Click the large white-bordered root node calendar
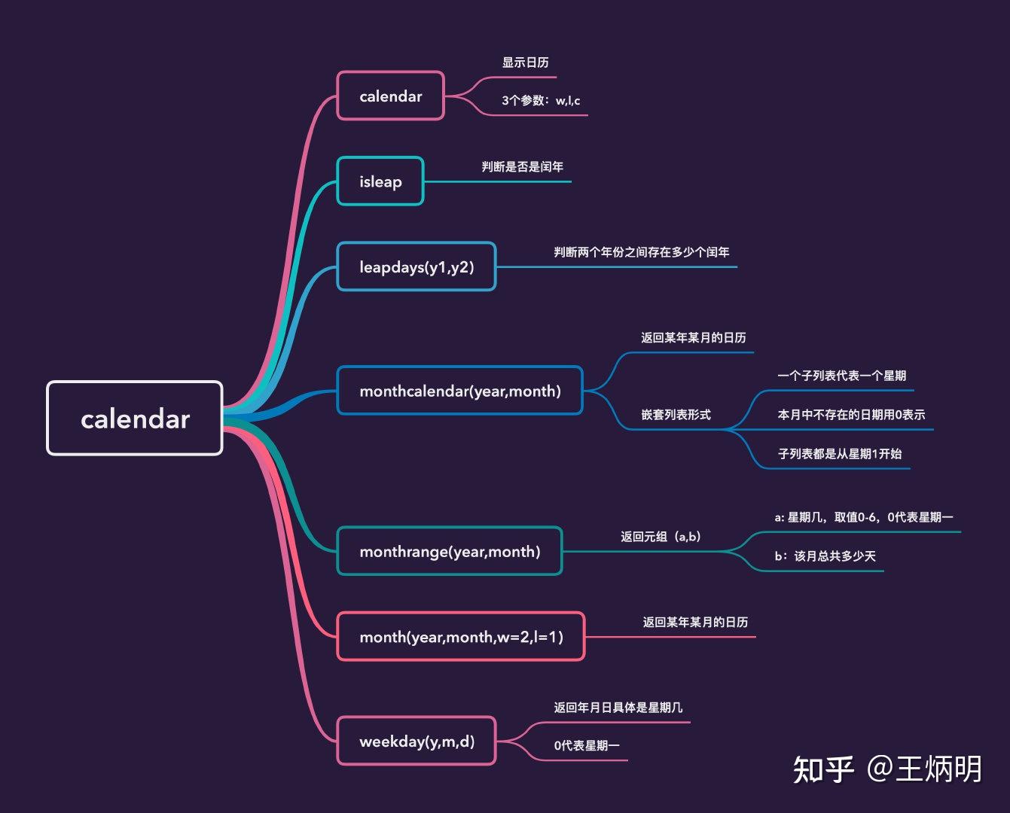[x=135, y=419]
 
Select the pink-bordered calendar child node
[x=390, y=96]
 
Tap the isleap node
[x=380, y=181]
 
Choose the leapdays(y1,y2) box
[x=417, y=266]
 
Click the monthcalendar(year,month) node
[x=460, y=391]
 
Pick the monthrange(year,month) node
[x=450, y=552]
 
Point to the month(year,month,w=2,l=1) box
[x=461, y=637]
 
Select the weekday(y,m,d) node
[x=417, y=741]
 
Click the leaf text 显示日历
[x=525, y=62]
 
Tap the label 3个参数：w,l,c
[x=541, y=101]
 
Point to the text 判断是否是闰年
[x=523, y=167]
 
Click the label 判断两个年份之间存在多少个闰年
[x=642, y=252]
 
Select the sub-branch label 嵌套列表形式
[x=676, y=415]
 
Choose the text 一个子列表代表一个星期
[x=841, y=376]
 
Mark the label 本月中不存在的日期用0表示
[x=851, y=415]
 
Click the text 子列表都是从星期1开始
[x=839, y=454]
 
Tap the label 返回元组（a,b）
[x=661, y=537]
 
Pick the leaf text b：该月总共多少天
[x=825, y=556]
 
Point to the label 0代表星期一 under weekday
[x=587, y=746]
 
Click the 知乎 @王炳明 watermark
[x=887, y=769]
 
